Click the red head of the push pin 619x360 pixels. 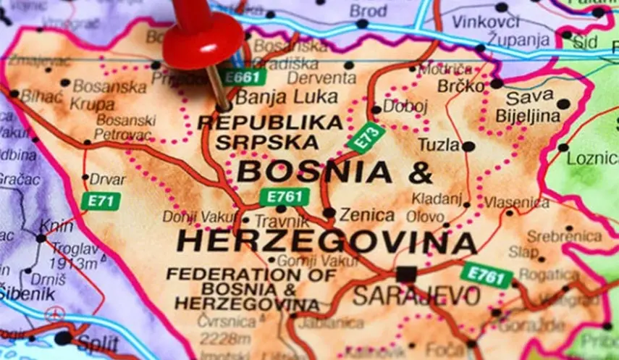pos(202,39)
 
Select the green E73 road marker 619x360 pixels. pos(366,136)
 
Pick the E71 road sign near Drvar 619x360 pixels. pos(100,201)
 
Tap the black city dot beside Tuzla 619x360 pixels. pos(468,146)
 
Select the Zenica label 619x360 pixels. pos(367,215)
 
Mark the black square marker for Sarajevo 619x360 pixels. pos(406,274)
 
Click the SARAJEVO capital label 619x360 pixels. pos(416,296)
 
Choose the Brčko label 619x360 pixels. pos(460,86)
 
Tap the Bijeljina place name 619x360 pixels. pos(528,116)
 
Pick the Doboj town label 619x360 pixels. pos(405,106)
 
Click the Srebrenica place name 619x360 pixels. pos(564,236)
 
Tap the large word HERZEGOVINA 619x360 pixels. pos(327,241)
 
